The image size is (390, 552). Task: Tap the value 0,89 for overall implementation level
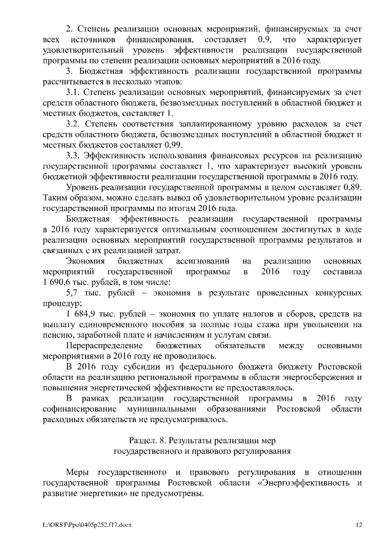[352, 186]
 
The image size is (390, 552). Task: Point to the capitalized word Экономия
[85, 260]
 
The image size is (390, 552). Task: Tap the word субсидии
[152, 366]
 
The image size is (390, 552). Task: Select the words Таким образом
[69, 197]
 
